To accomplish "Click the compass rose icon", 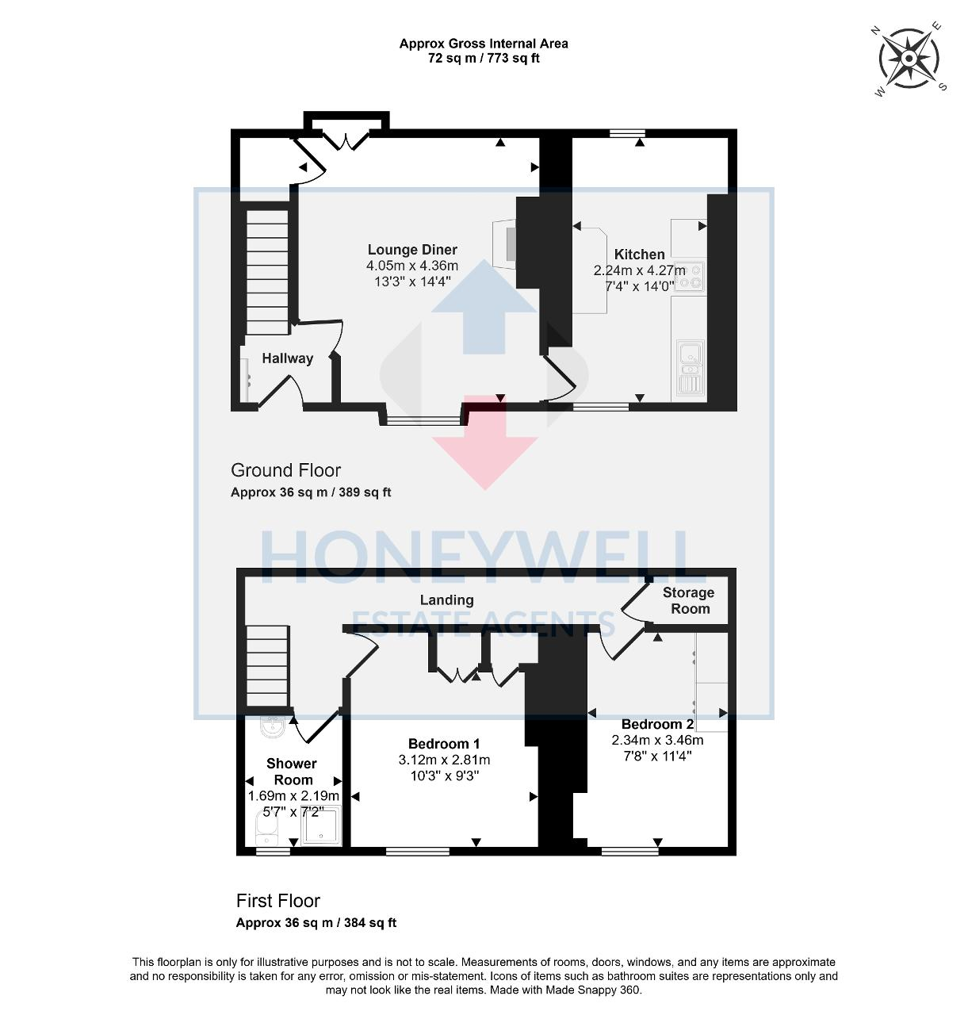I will tap(909, 59).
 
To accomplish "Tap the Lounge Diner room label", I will tap(412, 250).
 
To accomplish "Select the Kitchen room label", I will tap(639, 255).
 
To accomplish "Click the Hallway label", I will tap(287, 358).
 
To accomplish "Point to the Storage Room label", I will tap(688, 601).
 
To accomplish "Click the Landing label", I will tap(447, 600).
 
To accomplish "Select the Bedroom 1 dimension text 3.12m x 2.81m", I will tap(444, 760).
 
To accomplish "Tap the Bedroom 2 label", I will tap(657, 724).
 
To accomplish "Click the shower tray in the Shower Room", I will tap(323, 826).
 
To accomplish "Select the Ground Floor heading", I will tap(285, 470).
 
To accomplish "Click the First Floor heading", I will tap(277, 901).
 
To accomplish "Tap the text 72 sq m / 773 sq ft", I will tap(484, 58).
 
